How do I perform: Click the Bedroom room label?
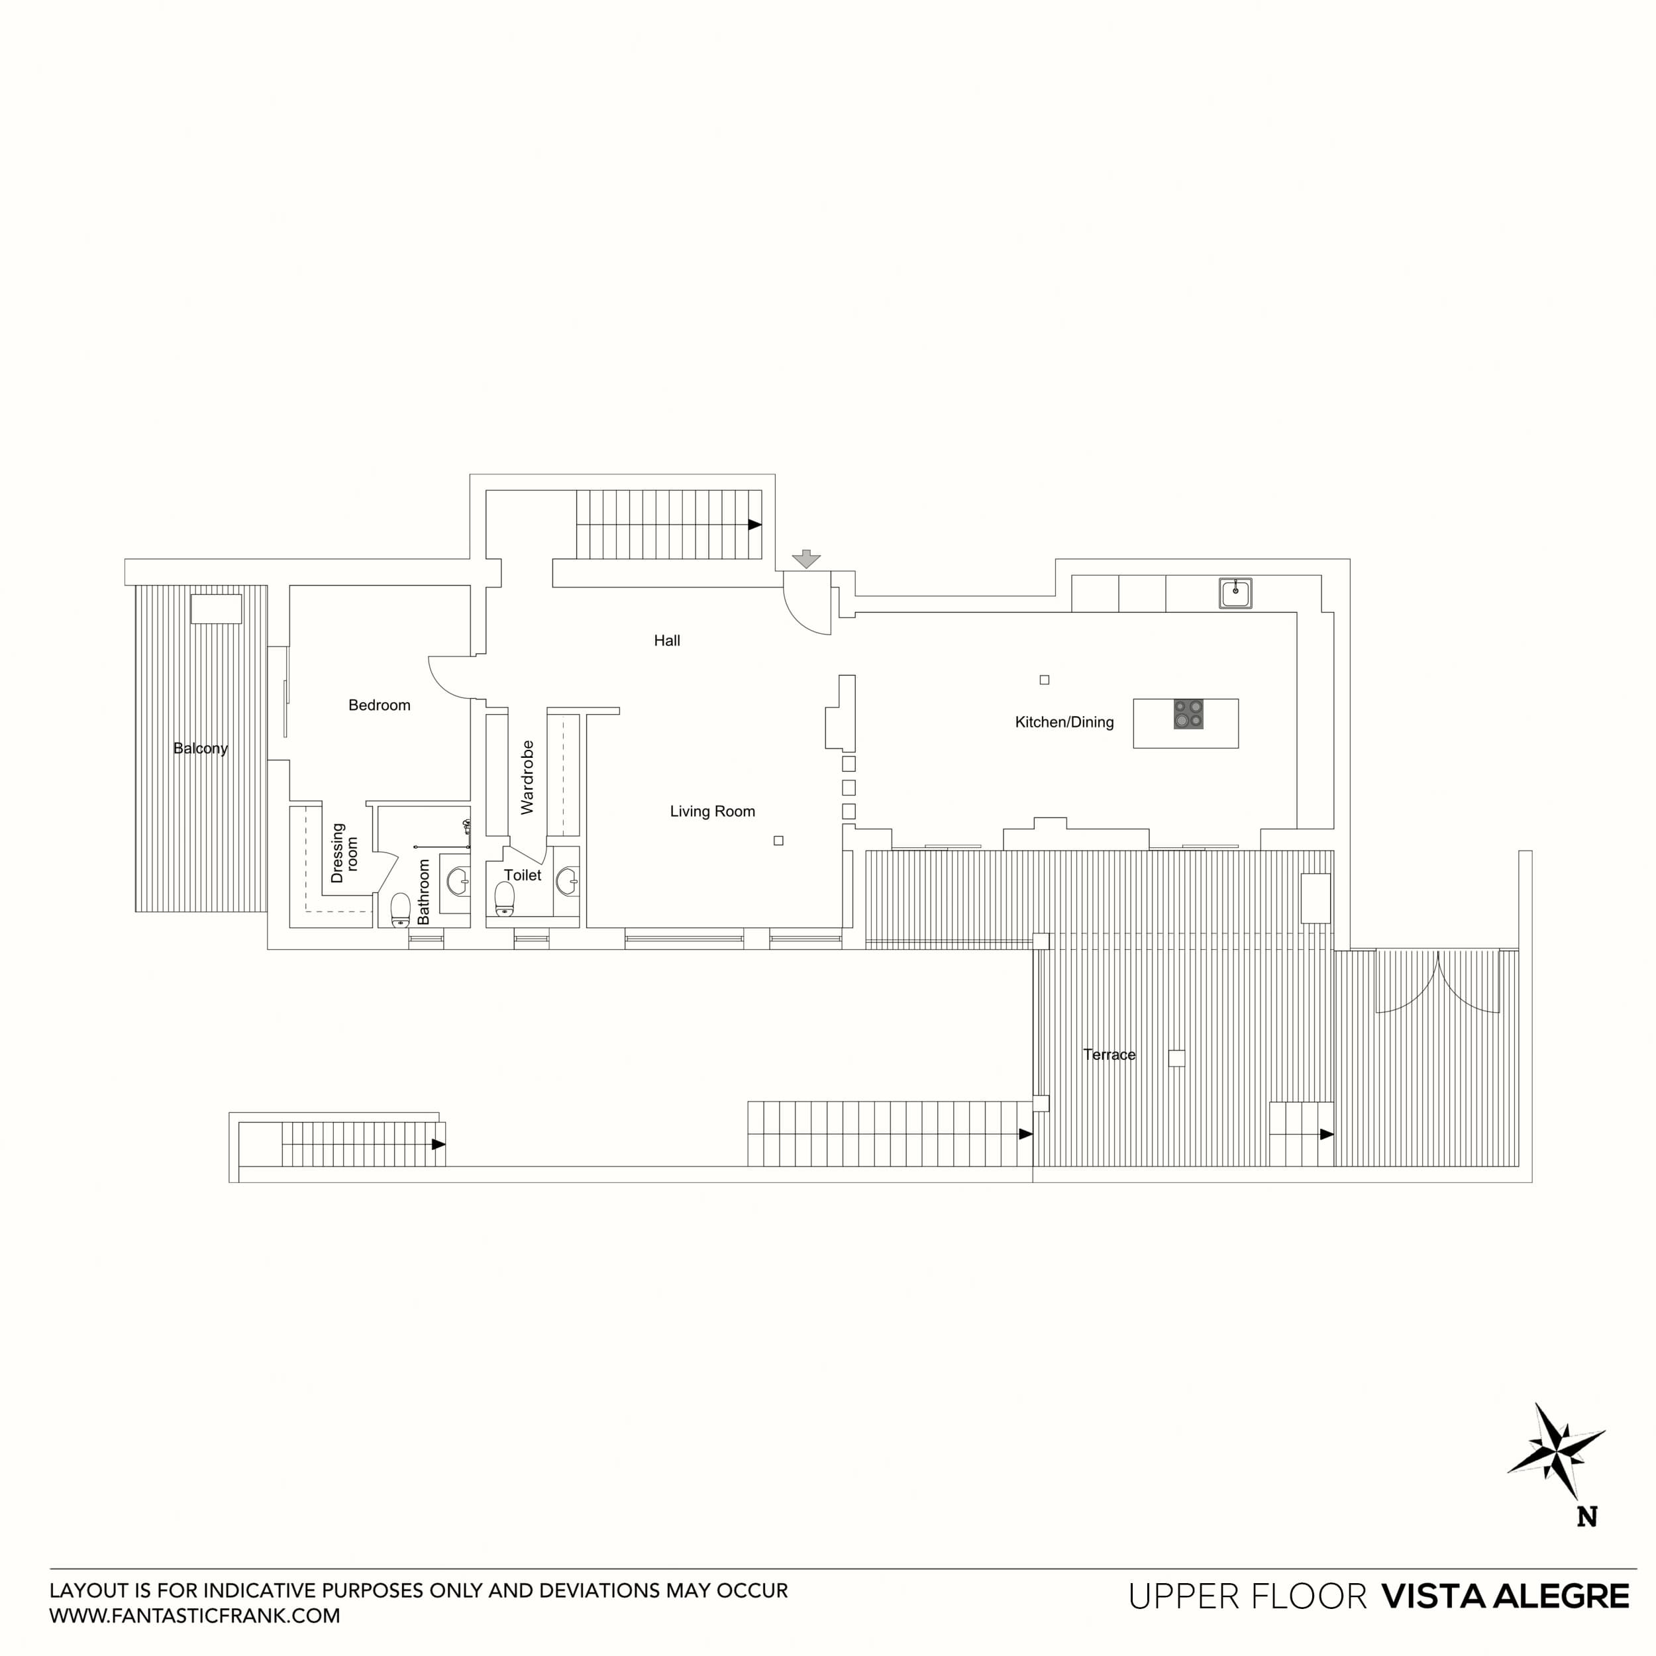click(x=379, y=705)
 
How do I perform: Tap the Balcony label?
click(x=200, y=749)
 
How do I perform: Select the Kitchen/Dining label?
click(x=1064, y=723)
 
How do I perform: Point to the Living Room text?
click(x=712, y=811)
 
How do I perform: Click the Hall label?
click(x=667, y=641)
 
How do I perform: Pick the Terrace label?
click(x=1108, y=1055)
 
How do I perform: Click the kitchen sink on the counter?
click(x=1235, y=593)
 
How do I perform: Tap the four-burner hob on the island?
click(x=1188, y=714)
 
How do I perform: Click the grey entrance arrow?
click(x=805, y=559)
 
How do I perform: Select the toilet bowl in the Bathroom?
click(x=400, y=910)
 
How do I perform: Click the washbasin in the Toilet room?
click(x=566, y=880)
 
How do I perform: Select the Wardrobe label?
click(x=527, y=778)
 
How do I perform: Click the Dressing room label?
click(x=344, y=853)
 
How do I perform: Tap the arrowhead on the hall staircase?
click(x=754, y=525)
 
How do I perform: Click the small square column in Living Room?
click(x=778, y=841)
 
